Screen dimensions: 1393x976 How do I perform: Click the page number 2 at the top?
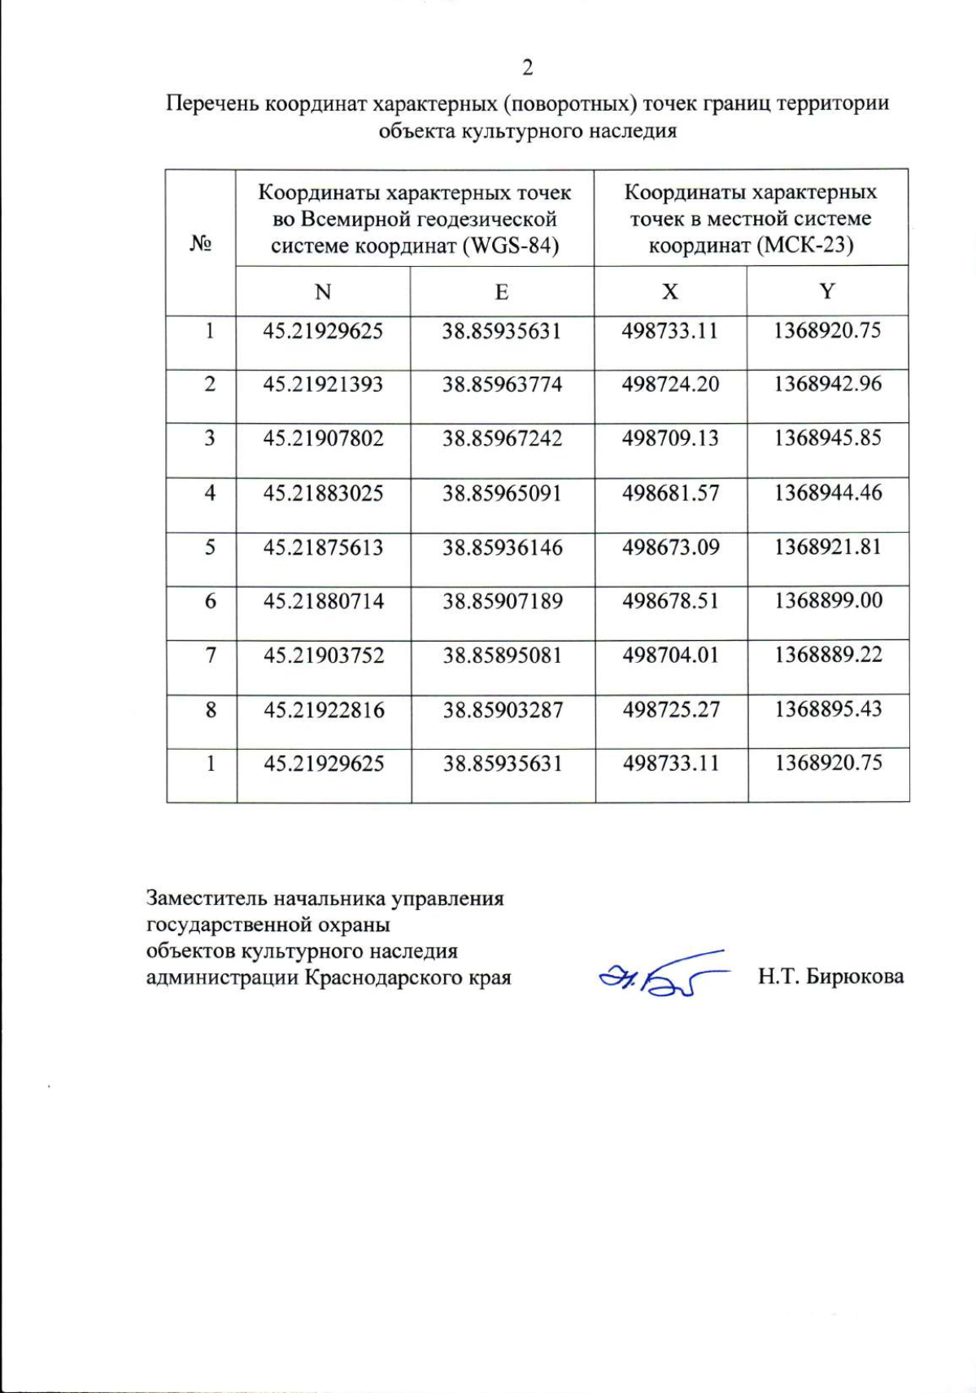pos(527,67)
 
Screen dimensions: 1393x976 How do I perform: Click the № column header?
pos(201,243)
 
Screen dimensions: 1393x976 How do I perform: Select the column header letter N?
pos(323,292)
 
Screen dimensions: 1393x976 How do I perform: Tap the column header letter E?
pos(502,292)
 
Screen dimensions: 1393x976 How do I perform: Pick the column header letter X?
pos(669,292)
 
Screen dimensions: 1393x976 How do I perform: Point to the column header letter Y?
pos(827,292)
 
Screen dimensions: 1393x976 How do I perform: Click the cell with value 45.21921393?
pos(323,384)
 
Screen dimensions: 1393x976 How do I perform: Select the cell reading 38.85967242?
pos(502,438)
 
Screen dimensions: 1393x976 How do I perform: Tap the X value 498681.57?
pos(670,493)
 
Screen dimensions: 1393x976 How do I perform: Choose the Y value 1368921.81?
pos(828,546)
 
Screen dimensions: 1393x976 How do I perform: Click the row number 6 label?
pos(211,602)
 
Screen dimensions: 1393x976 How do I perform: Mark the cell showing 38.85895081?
pos(502,655)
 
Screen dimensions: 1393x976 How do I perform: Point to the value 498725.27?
pos(670,710)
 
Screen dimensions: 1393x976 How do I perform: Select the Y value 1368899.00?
pos(828,601)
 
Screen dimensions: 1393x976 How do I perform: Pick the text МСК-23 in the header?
pos(803,246)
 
